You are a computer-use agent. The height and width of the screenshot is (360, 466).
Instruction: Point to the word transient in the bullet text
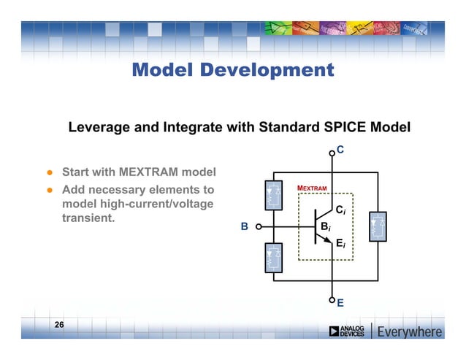[x=88, y=217]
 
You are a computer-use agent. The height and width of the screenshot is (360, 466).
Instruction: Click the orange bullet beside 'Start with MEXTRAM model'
[x=49, y=174]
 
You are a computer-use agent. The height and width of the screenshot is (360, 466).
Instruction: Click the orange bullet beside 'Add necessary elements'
[x=49, y=189]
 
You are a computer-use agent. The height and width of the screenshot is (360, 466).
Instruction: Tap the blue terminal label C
[x=340, y=150]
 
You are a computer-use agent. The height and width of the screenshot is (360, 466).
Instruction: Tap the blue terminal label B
[x=245, y=226]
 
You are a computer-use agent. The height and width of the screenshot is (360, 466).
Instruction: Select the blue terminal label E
[x=341, y=302]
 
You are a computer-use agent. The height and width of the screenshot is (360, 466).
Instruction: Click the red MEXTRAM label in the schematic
[x=312, y=188]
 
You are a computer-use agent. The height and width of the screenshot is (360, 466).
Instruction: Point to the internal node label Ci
[x=340, y=210]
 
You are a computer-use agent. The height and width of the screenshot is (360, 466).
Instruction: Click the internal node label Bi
[x=326, y=226]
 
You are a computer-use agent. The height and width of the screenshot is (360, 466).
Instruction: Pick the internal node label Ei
[x=340, y=244]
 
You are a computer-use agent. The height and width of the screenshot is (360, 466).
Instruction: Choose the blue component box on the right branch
[x=378, y=227]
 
